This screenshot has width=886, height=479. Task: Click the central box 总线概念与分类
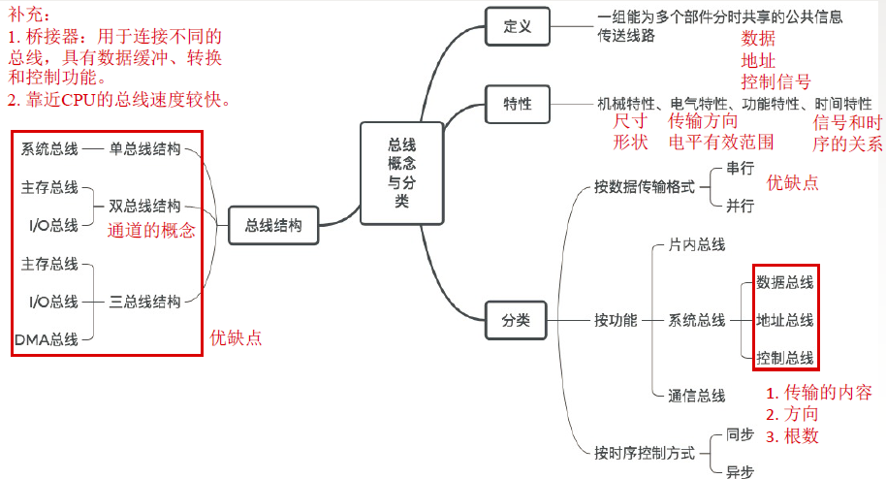401,172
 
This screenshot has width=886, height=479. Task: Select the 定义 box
519,26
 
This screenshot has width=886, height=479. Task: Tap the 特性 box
519,103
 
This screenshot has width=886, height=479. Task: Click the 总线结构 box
273,225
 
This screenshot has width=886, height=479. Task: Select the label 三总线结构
144,302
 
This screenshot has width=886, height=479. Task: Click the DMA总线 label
47,338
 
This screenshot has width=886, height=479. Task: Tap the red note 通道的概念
151,230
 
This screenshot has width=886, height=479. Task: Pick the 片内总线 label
696,245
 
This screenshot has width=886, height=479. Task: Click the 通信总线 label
696,396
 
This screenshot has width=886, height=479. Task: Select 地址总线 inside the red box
785,320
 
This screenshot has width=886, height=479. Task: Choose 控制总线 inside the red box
785,357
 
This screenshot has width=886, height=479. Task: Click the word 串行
740,168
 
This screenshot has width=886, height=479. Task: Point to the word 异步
740,470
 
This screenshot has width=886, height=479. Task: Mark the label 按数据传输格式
645,186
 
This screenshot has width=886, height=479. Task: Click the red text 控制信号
775,81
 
